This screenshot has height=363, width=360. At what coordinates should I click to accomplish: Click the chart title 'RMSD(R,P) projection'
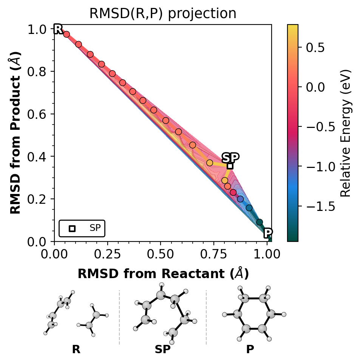coord(162,14)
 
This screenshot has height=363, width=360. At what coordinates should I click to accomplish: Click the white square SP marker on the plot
coord(230,166)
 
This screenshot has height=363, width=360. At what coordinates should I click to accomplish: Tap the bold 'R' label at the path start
coord(58,29)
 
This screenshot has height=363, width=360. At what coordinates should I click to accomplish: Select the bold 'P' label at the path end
coord(268,233)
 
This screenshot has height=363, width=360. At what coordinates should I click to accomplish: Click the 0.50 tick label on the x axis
coord(161,253)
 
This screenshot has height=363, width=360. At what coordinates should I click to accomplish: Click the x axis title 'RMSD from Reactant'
coord(163,274)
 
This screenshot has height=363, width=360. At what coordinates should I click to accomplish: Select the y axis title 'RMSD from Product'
coord(15,133)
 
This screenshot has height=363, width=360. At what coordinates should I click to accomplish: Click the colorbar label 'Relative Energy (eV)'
coord(346,133)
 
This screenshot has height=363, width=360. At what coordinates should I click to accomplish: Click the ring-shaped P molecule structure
coord(254,314)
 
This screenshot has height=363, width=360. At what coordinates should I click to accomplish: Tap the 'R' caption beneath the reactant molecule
coord(76,349)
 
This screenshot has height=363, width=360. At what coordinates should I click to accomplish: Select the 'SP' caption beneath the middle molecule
coord(163,349)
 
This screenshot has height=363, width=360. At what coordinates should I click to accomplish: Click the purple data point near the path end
coord(240,199)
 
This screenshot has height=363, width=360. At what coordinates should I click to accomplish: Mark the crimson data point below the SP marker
coord(233,192)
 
